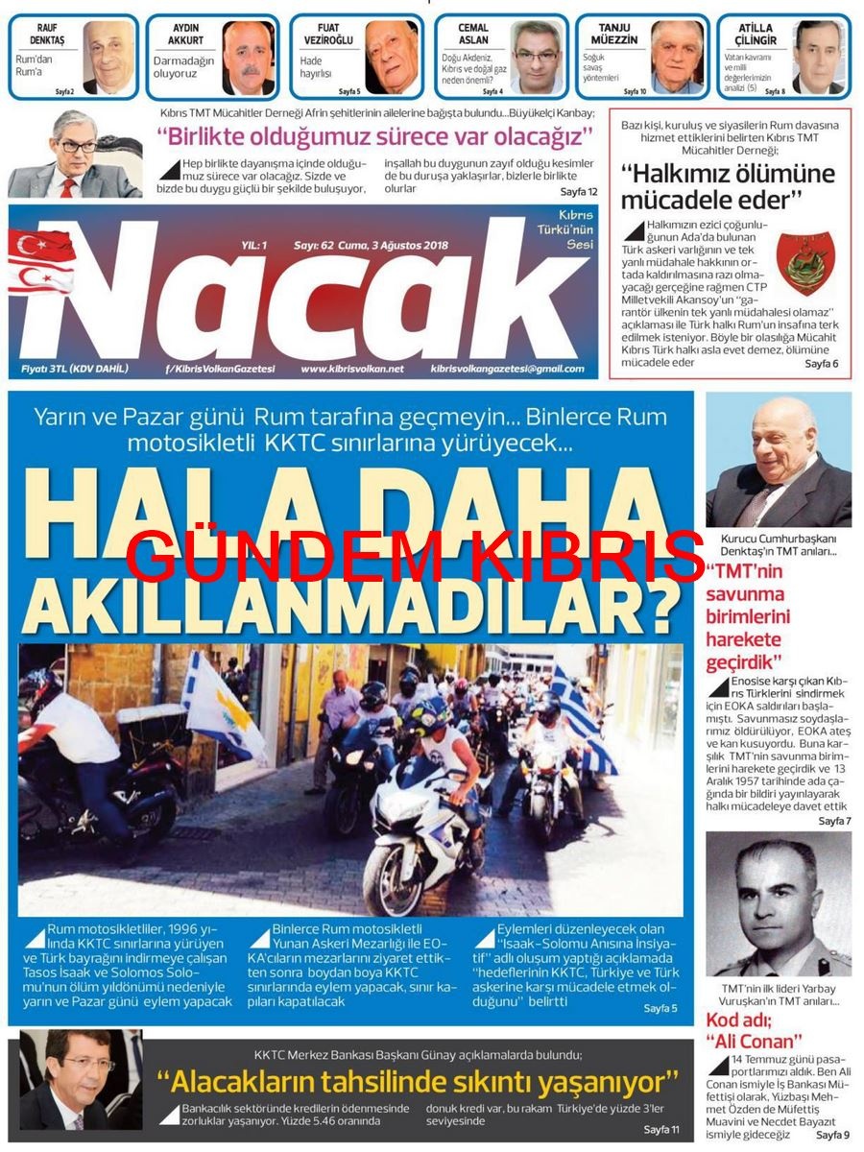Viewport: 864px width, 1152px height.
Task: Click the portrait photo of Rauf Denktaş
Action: [108, 58]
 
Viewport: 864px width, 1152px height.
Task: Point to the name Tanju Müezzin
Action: [614, 35]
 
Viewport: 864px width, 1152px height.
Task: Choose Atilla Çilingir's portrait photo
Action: [818, 58]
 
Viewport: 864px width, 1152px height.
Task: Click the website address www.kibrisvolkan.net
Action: [351, 369]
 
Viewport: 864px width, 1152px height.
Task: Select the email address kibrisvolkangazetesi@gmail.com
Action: [506, 369]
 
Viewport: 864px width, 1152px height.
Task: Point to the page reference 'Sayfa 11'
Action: [661, 1129]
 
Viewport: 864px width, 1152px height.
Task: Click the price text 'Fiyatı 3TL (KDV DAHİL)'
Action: [75, 369]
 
